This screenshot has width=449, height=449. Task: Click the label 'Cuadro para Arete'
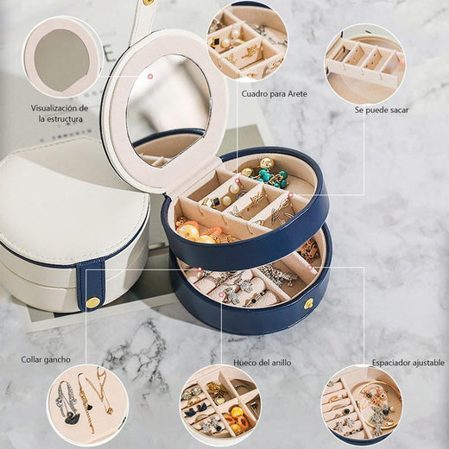274,94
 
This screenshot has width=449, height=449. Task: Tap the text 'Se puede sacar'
382,110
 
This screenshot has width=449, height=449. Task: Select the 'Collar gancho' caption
46,359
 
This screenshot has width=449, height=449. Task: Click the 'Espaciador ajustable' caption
408,363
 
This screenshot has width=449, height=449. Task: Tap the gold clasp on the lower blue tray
310,303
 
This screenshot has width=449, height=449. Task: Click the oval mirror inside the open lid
168,111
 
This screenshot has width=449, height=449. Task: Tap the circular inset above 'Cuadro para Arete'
247,42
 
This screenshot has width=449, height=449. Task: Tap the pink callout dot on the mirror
149,77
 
